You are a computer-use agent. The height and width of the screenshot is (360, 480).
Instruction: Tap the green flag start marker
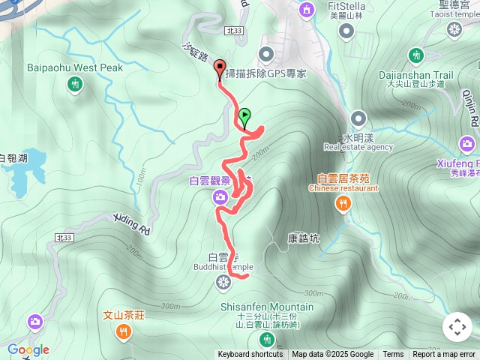pos(244,117)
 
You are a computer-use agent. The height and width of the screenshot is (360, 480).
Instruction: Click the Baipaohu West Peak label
pos(74,67)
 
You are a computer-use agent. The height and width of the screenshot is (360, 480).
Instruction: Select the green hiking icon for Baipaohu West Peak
pos(75,85)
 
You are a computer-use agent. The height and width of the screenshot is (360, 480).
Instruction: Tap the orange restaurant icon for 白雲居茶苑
pos(344,203)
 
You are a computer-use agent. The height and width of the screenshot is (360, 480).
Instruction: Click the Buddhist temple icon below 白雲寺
pos(223,282)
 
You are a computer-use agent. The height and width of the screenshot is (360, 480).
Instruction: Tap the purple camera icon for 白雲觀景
pos(220,197)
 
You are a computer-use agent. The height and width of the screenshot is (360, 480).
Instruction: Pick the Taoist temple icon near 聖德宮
pos(454,29)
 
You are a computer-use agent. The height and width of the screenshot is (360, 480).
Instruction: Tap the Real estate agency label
pos(358,147)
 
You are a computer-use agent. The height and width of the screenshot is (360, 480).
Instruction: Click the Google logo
pos(28,349)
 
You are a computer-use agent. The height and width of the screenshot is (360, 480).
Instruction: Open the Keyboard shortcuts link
pos(250,355)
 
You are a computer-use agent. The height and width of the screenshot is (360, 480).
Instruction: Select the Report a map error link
pos(443,355)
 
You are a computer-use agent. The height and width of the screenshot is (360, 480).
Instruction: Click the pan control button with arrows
pos(457,327)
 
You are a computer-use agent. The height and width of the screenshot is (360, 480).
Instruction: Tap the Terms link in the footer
pos(393,355)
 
